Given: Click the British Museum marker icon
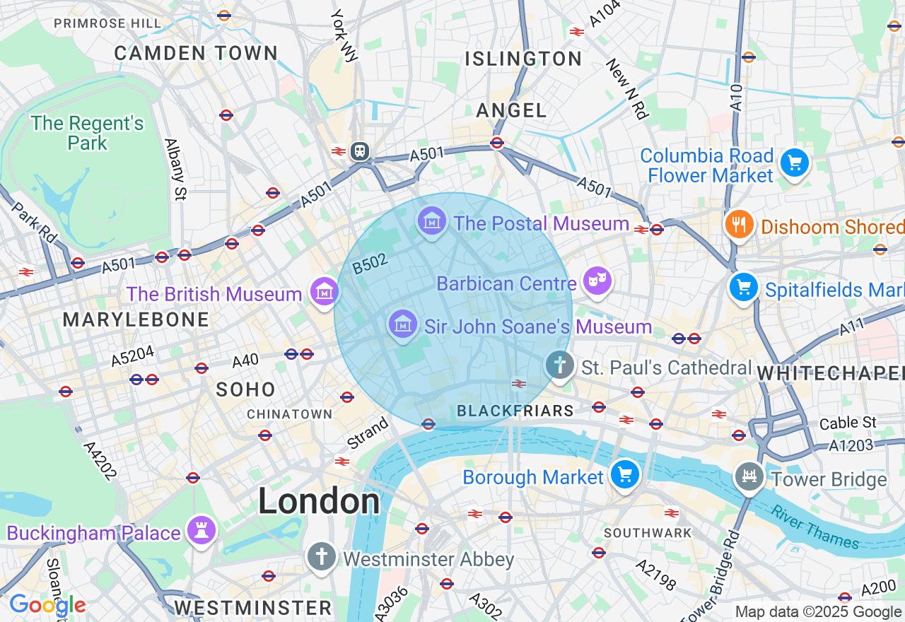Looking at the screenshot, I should coord(324,291).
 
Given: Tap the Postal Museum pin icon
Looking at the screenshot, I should coord(431,221).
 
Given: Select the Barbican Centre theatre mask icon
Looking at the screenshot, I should coord(597,281).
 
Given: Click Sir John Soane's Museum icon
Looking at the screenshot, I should coord(402,324).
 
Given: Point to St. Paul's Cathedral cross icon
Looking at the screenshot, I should coord(560,365).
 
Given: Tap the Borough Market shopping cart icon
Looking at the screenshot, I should coord(624,474).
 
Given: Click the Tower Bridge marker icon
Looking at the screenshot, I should coord(749,477).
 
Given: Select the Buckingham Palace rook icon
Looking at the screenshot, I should coord(201,530).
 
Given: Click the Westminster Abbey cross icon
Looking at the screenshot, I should coord(321,557).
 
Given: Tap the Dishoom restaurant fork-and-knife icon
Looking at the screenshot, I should coord(739,225).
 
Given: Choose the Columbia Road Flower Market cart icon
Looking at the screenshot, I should coord(794,163).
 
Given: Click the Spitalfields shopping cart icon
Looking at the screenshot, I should coord(744,288).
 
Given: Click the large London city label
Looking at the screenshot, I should coord(319,501).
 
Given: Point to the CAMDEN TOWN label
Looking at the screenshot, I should coord(196,53).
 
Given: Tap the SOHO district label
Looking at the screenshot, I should coord(245,389).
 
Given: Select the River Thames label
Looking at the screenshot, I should coord(814,527).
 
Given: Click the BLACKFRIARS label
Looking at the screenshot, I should coord(515,411).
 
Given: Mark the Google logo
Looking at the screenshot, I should coord(47,605).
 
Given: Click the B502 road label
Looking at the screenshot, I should coord(370,264).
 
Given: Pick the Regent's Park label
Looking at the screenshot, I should coord(88,133).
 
